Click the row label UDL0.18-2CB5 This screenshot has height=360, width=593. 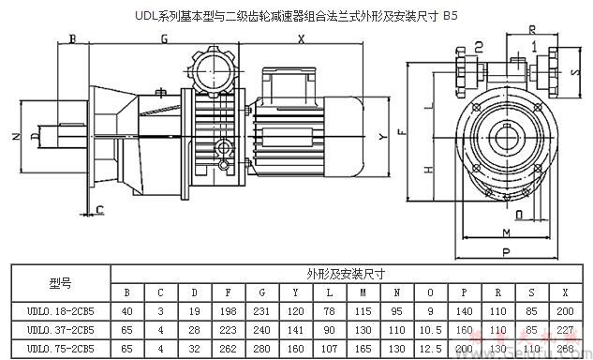coord(60,310)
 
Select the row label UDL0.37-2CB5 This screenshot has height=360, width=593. coord(60,329)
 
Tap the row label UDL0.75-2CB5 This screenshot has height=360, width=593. coord(60,348)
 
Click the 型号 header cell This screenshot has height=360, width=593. coord(60,281)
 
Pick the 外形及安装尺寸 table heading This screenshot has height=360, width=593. coord(347,274)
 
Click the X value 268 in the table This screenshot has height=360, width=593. coord(564,348)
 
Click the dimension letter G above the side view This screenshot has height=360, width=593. coord(163,39)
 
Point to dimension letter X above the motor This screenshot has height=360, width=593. coord(302,39)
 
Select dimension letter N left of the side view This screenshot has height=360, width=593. coord(16,137)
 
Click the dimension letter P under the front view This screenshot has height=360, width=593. coord(505,252)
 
